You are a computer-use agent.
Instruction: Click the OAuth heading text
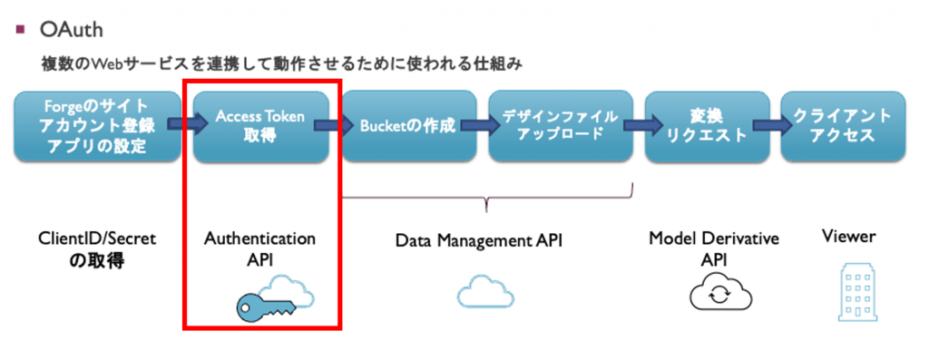coord(72,30)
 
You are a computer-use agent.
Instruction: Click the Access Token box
coord(259,126)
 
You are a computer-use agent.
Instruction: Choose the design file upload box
coord(559,126)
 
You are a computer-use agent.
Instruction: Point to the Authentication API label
coord(259,249)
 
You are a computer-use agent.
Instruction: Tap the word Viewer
coord(848,237)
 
